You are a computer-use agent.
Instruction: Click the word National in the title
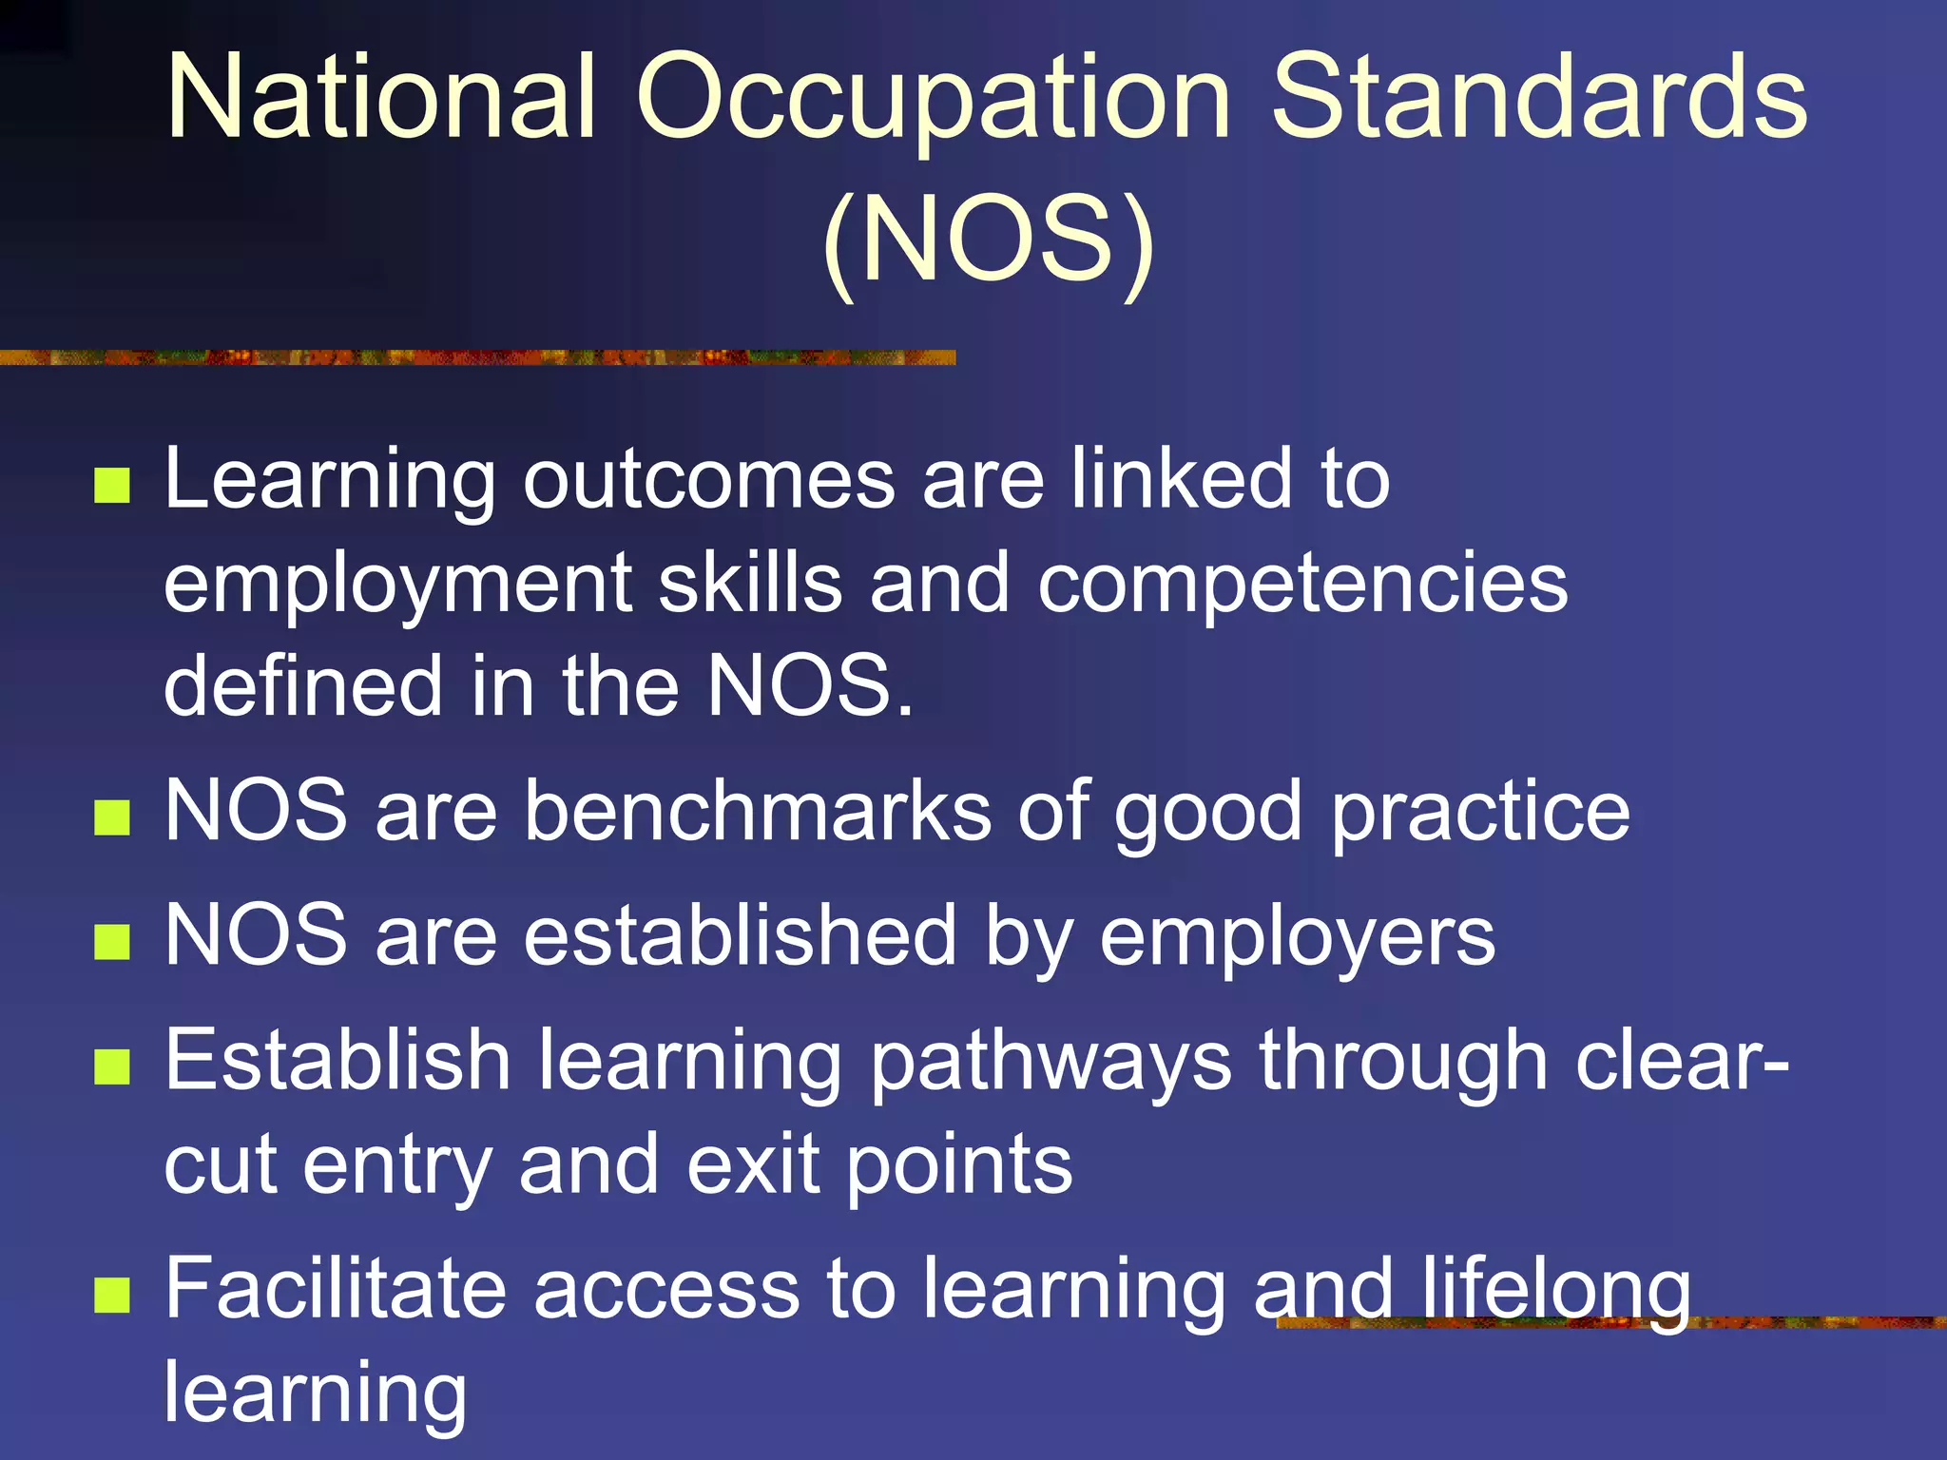click(x=381, y=97)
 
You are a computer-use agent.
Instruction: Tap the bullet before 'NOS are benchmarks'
click(x=112, y=816)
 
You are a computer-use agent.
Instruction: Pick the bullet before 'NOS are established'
click(x=112, y=942)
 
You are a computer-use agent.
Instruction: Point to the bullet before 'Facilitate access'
click(x=112, y=1294)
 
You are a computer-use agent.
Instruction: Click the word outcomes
click(x=709, y=479)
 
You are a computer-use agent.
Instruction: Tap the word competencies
click(x=1302, y=586)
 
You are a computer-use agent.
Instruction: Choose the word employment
click(x=398, y=586)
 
